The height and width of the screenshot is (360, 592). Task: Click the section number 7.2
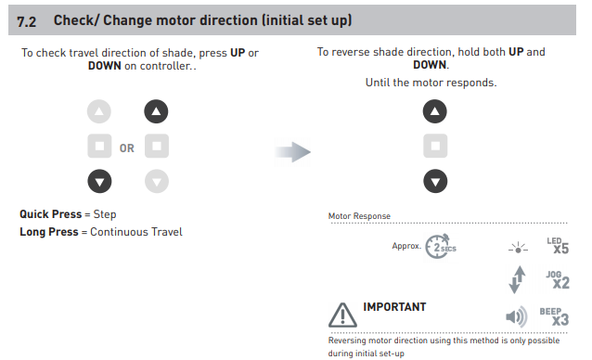(x=26, y=21)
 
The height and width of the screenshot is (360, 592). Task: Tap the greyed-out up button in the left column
(x=99, y=111)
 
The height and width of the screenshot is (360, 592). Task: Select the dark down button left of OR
(x=99, y=181)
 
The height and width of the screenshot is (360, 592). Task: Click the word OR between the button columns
(x=127, y=148)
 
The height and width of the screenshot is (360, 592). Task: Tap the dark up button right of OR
(x=156, y=111)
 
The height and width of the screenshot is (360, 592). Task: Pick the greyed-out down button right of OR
(x=157, y=181)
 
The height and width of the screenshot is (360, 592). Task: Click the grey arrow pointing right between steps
(x=292, y=152)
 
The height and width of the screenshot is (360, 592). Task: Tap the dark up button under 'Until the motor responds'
(x=435, y=111)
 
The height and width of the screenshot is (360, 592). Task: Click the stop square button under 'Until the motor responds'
(x=435, y=146)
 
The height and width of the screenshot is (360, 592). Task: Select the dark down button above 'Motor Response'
(x=435, y=181)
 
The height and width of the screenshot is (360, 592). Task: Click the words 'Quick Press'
(x=51, y=214)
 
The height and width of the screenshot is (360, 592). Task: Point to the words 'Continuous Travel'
(x=136, y=232)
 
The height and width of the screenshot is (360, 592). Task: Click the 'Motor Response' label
(x=359, y=216)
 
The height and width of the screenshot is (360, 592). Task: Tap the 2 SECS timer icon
(x=440, y=247)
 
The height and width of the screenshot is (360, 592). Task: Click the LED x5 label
(x=558, y=246)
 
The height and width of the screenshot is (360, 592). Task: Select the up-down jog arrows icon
(x=517, y=279)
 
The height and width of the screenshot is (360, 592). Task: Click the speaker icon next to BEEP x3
(x=516, y=316)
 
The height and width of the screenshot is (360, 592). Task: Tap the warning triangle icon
(x=342, y=315)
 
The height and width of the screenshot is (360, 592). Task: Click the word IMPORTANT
(x=394, y=307)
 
